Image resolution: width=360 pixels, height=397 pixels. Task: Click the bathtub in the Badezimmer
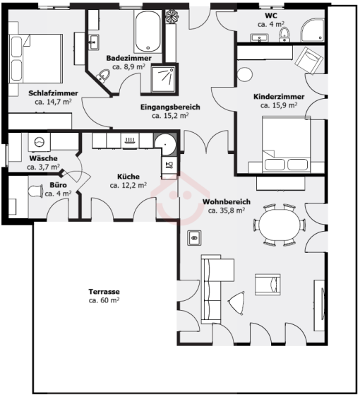[148, 31]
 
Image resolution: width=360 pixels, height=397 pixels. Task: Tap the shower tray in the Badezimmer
[163, 78]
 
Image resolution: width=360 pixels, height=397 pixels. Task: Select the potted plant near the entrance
[172, 17]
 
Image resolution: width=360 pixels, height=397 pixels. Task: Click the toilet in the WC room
[284, 35]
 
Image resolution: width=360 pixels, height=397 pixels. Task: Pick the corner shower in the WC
[313, 30]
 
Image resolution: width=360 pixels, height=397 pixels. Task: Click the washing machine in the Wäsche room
[39, 142]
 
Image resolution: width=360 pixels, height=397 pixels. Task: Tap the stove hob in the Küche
[130, 141]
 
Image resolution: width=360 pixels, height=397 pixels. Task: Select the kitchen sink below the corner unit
[169, 165]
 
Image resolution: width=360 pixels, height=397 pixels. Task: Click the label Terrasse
[104, 292]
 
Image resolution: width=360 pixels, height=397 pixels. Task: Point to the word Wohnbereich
[227, 202]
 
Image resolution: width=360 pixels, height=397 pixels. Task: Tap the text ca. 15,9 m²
[279, 105]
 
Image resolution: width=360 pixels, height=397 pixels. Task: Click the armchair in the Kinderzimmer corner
[308, 61]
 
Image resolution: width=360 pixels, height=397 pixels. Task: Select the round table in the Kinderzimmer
[245, 74]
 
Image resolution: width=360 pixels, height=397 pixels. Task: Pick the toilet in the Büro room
[35, 191]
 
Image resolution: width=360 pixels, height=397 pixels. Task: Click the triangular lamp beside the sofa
[236, 303]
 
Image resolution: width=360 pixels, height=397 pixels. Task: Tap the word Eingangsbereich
[170, 107]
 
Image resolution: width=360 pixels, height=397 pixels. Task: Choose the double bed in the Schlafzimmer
[36, 59]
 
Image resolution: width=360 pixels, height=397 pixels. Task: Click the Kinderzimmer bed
[287, 145]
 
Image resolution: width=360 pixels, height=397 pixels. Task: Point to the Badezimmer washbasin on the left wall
[94, 42]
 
